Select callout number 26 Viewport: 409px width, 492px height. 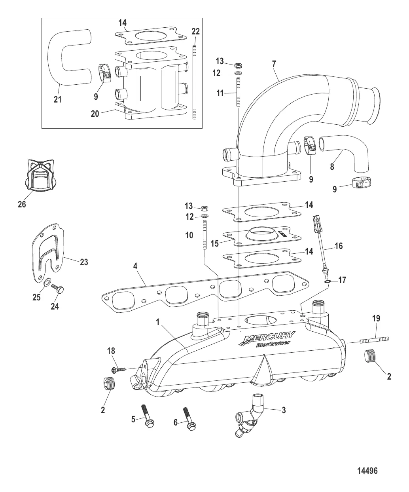[x=22, y=204]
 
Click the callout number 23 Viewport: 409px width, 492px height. [x=84, y=262]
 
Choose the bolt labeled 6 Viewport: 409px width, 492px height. [x=189, y=418]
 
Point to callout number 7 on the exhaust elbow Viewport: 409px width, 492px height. [x=274, y=64]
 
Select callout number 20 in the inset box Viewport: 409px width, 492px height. [x=95, y=114]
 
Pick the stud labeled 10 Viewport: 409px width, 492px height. [x=204, y=235]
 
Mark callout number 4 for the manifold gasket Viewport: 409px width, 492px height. [x=135, y=266]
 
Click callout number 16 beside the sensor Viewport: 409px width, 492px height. [x=338, y=246]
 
